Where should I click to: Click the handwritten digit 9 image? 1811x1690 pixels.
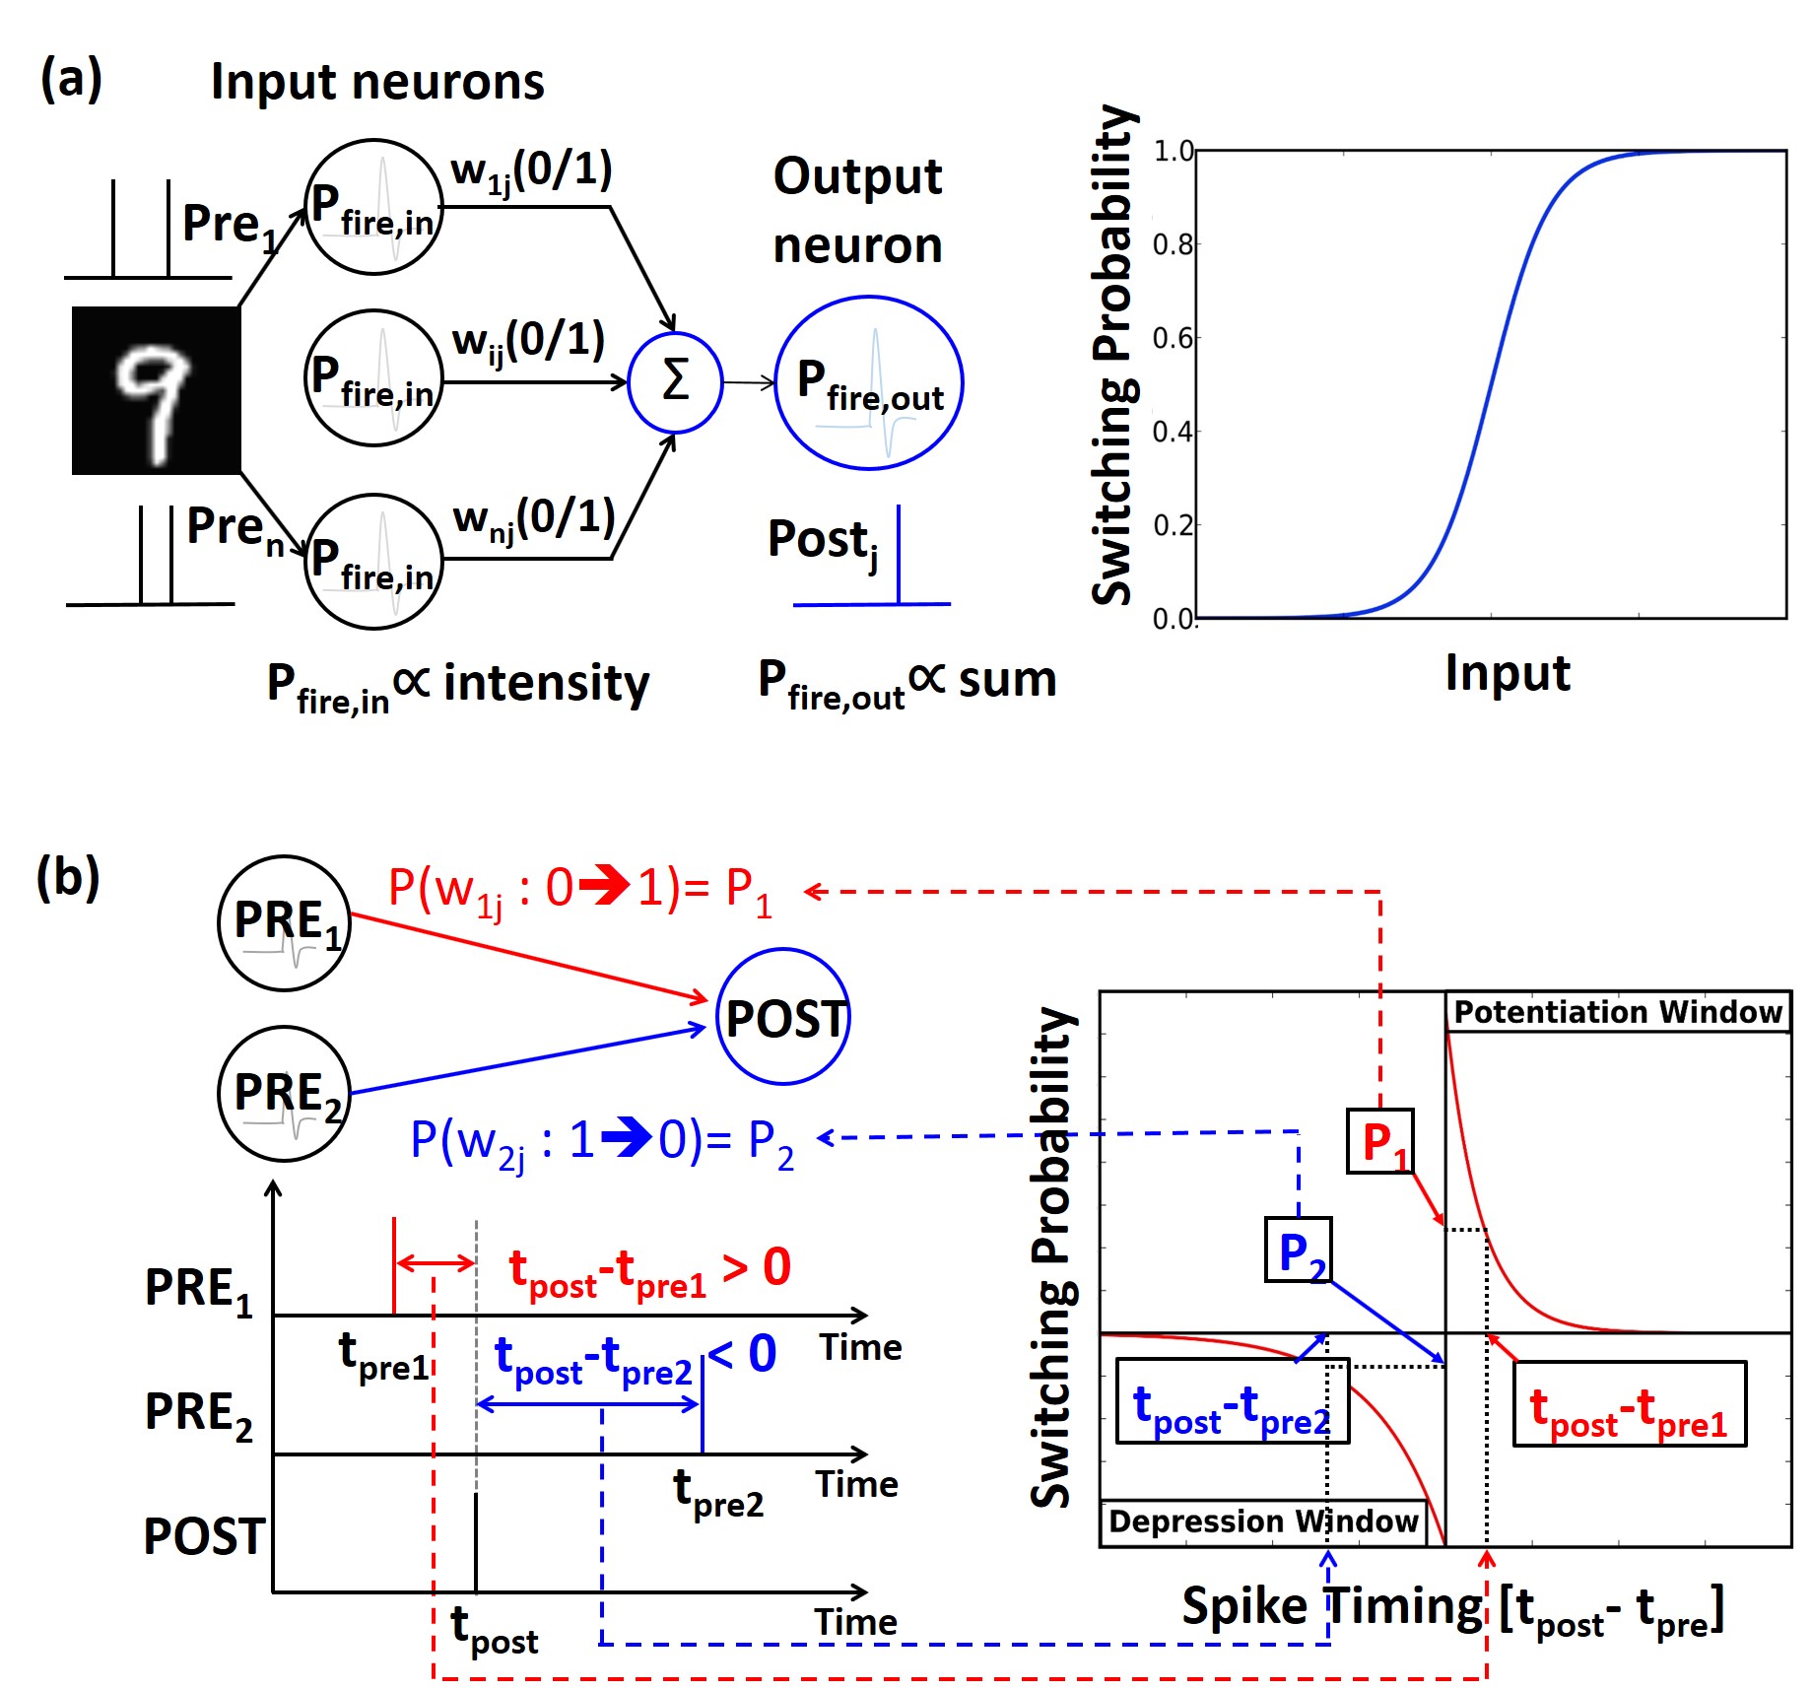tap(156, 390)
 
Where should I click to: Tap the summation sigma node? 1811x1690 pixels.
tap(675, 382)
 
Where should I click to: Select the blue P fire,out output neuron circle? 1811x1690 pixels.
tap(868, 383)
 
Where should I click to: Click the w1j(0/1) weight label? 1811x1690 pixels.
tap(531, 171)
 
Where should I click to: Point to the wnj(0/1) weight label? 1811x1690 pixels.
tap(533, 518)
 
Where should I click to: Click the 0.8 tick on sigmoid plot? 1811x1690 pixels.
tap(1173, 243)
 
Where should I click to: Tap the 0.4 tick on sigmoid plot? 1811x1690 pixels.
tap(1173, 431)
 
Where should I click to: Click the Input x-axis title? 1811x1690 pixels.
tap(1507, 673)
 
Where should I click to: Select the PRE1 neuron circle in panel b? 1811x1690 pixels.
tap(285, 922)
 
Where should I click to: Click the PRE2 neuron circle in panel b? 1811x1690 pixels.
tap(285, 1094)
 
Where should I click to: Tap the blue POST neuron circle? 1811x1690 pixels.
tap(783, 1017)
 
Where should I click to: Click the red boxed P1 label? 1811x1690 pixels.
tap(1380, 1141)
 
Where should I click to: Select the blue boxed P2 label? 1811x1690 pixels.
tap(1298, 1250)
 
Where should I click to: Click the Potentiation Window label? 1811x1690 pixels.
tap(1617, 1012)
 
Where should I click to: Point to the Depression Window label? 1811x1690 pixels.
tap(1262, 1521)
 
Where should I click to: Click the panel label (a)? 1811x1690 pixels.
tap(71, 79)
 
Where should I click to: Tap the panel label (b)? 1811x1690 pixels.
tap(68, 876)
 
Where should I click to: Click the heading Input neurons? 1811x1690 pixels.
tap(377, 82)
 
